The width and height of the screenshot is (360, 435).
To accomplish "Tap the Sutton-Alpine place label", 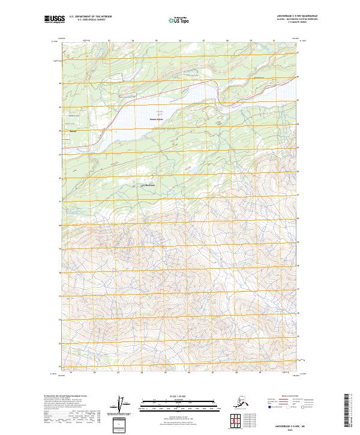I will (x=157, y=119).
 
